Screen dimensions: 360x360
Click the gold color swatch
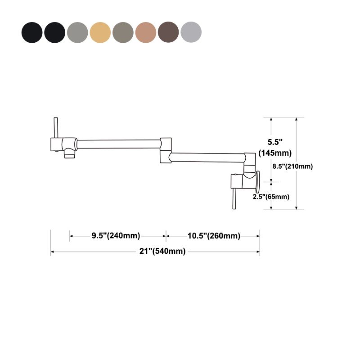pyautogui.click(x=100, y=32)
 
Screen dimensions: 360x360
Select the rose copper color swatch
pyautogui.click(x=146, y=32)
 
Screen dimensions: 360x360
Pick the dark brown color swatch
pyautogui.click(x=168, y=32)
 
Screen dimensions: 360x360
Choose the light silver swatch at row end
pyautogui.click(x=191, y=32)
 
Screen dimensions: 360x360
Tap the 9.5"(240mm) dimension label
pyautogui.click(x=116, y=236)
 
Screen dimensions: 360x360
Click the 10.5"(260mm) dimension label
pyautogui.click(x=214, y=236)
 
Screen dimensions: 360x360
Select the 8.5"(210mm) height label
pyautogui.click(x=293, y=166)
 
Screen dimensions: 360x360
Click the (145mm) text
pyautogui.click(x=275, y=153)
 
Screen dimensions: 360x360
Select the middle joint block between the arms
pyautogui.click(x=165, y=150)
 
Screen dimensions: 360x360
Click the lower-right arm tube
pyautogui.click(x=207, y=157)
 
